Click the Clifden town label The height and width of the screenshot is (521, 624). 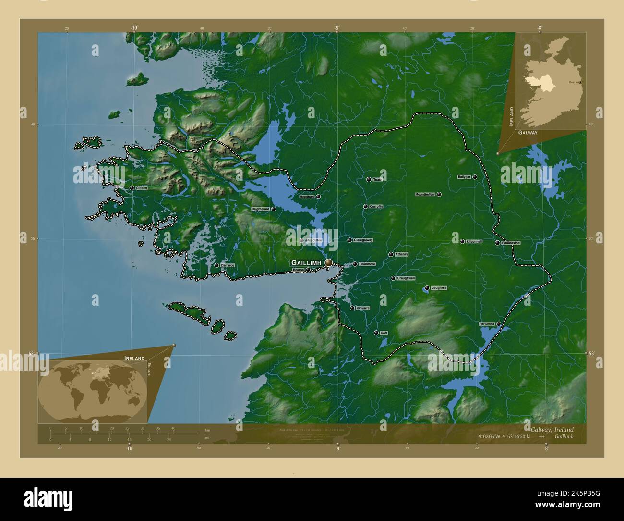point(142,188)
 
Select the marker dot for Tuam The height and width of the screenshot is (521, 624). point(369,179)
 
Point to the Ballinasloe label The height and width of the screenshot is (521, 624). point(511,243)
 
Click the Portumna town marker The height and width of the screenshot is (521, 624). point(499,324)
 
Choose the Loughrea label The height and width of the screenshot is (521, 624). point(439,288)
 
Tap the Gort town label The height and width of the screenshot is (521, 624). point(384,333)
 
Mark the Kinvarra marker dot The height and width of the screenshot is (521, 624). point(352,308)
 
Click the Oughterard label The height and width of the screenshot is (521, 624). point(261,210)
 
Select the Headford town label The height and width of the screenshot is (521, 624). point(307,197)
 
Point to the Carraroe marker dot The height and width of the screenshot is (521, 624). point(216,265)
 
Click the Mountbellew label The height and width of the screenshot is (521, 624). point(425,195)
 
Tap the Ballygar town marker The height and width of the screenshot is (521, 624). point(474,177)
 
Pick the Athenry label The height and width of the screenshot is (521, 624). point(402,254)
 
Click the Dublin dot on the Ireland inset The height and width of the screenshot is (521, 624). point(580,82)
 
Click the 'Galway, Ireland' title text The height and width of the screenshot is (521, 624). point(552,429)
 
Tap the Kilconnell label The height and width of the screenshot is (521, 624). point(474,241)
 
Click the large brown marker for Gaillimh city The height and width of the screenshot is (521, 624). point(328,262)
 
